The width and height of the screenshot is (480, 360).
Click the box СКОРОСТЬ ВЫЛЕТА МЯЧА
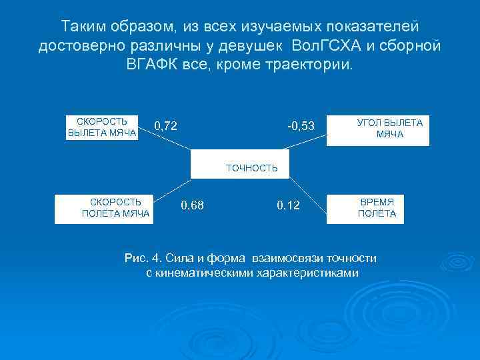[102, 128]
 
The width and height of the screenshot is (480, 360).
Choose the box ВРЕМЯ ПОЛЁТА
[377, 207]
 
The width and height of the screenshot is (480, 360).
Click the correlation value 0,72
[165, 125]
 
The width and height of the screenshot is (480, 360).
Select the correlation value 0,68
[193, 205]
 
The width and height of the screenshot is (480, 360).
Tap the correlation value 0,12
[288, 206]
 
